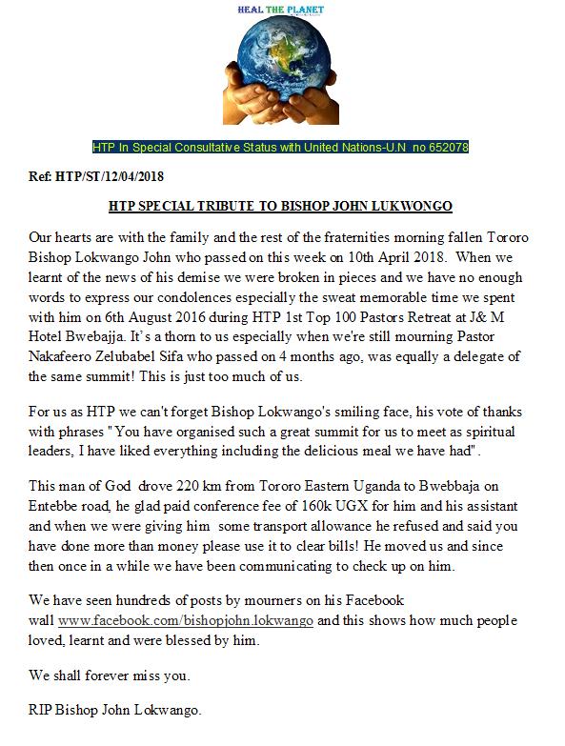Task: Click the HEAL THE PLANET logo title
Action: pyautogui.click(x=282, y=10)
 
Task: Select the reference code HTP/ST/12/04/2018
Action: pyautogui.click(x=111, y=176)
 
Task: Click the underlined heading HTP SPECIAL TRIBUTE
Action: pyautogui.click(x=281, y=205)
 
